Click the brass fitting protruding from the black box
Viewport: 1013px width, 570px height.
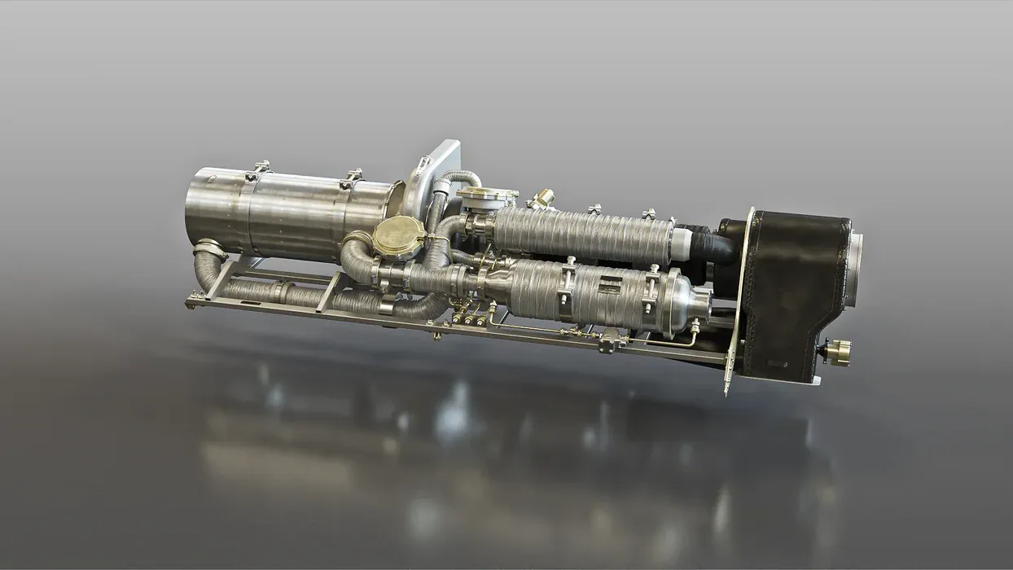coord(838,352)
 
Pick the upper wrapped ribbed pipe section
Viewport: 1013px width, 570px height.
coord(582,234)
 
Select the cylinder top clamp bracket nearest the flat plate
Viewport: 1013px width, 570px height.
coord(353,177)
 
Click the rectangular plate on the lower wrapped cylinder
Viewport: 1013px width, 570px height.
coord(610,286)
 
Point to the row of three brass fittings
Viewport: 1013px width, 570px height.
coord(470,320)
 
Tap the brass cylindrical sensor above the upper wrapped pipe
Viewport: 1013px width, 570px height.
coord(542,198)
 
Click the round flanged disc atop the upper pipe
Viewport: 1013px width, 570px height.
coord(488,195)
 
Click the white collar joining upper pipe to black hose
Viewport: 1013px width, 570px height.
coord(682,242)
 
